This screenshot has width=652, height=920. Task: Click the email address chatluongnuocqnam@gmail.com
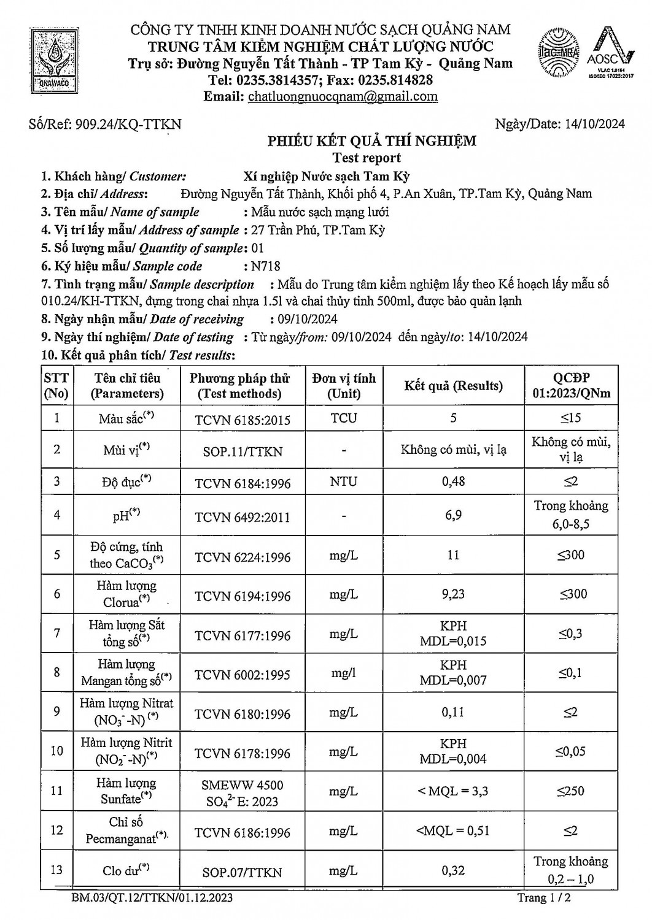click(343, 96)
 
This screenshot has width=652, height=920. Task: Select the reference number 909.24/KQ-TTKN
click(128, 125)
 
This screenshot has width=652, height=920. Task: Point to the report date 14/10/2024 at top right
click(594, 124)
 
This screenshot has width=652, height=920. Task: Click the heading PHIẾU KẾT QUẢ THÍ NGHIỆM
click(371, 141)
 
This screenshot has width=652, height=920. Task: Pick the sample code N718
click(265, 266)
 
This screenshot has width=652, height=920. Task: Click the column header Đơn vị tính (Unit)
click(343, 386)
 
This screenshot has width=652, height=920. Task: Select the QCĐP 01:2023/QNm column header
click(571, 386)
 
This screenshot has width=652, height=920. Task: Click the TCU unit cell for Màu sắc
click(343, 418)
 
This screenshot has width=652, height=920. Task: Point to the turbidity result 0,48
click(453, 481)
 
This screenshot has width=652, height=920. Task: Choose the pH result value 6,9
click(453, 515)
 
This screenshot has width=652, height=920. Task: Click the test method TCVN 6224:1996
click(243, 557)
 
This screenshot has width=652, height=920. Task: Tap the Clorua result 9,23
click(453, 594)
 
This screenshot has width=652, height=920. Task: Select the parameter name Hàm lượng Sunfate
click(126, 791)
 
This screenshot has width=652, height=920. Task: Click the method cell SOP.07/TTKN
click(243, 872)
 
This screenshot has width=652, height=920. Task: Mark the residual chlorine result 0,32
click(453, 870)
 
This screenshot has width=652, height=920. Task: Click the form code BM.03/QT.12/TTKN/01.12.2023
click(152, 899)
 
